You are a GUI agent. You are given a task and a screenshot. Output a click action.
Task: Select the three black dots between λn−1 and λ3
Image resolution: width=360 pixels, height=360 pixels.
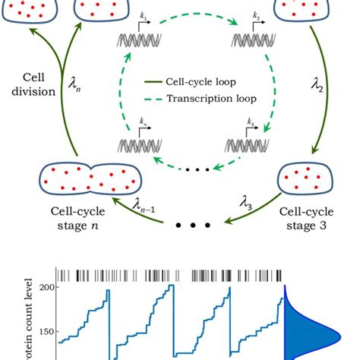[x=193, y=226]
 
